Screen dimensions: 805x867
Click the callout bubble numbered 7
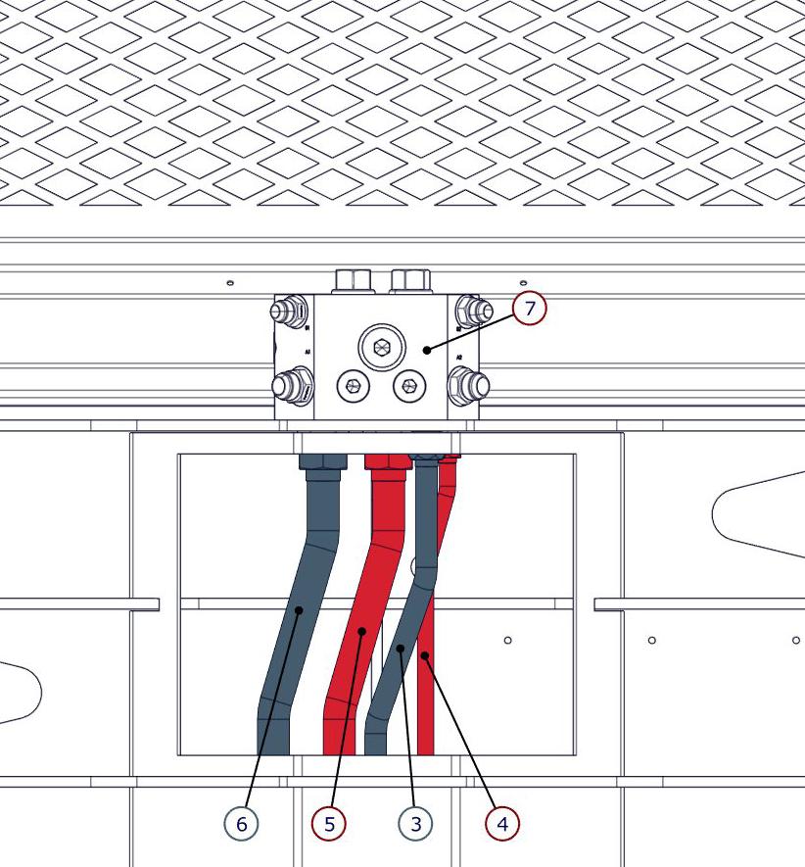pyautogui.click(x=529, y=309)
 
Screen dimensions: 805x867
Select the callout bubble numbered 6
pyautogui.click(x=242, y=824)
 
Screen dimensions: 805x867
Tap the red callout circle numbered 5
pyautogui.click(x=329, y=824)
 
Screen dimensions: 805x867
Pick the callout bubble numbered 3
pyautogui.click(x=416, y=824)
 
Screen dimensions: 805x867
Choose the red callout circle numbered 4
pyautogui.click(x=502, y=824)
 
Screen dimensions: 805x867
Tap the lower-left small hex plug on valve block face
pyautogui.click(x=352, y=386)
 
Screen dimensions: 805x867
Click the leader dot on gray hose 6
pyautogui.click(x=300, y=609)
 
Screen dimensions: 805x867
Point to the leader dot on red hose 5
pyautogui.click(x=360, y=631)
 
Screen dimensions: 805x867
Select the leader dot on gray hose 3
pyautogui.click(x=400, y=648)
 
